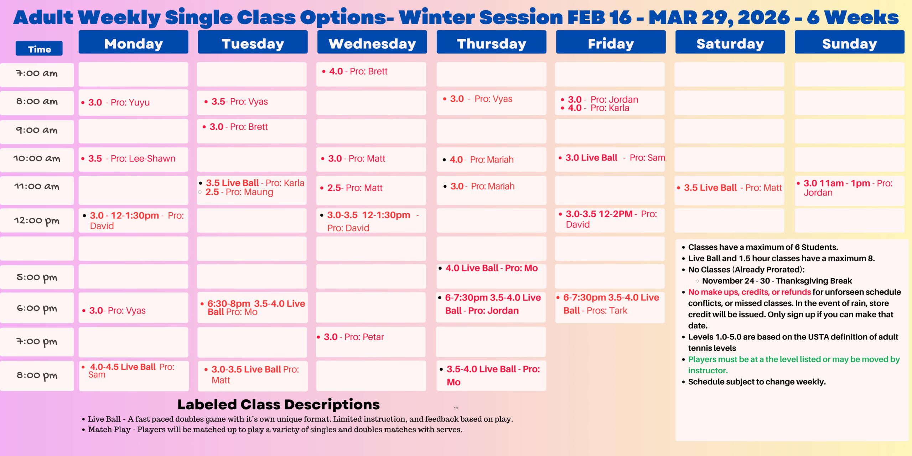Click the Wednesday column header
(x=372, y=43)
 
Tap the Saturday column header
(x=730, y=43)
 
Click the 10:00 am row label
(x=37, y=159)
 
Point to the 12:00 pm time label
(x=37, y=221)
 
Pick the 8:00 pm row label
(x=37, y=375)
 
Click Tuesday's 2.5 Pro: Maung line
(x=239, y=192)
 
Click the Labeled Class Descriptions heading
(x=279, y=405)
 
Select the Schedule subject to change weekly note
(x=757, y=382)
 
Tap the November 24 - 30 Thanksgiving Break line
(x=777, y=281)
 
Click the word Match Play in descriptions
(x=109, y=430)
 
